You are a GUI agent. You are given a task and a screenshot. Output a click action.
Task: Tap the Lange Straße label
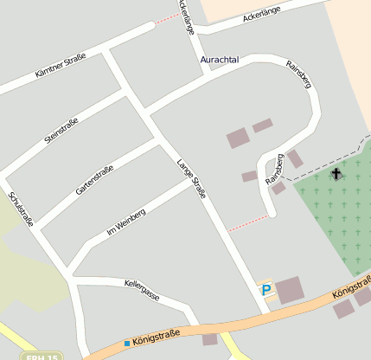(191, 180)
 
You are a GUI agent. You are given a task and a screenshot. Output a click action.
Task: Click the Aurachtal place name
(220, 60)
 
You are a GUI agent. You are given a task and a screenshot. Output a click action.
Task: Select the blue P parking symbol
(266, 290)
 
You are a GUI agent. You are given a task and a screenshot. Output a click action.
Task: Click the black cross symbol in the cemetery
(336, 174)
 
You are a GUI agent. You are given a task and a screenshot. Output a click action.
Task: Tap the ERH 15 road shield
(41, 356)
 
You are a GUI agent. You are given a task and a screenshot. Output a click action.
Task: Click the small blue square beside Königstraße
(126, 344)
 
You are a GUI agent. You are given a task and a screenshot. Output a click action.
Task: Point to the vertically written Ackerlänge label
(186, 16)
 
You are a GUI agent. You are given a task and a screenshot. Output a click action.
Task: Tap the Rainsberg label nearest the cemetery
(276, 170)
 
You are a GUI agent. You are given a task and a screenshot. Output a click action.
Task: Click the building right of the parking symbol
(290, 290)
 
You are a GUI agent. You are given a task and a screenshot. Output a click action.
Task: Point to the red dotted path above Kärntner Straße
(168, 17)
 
